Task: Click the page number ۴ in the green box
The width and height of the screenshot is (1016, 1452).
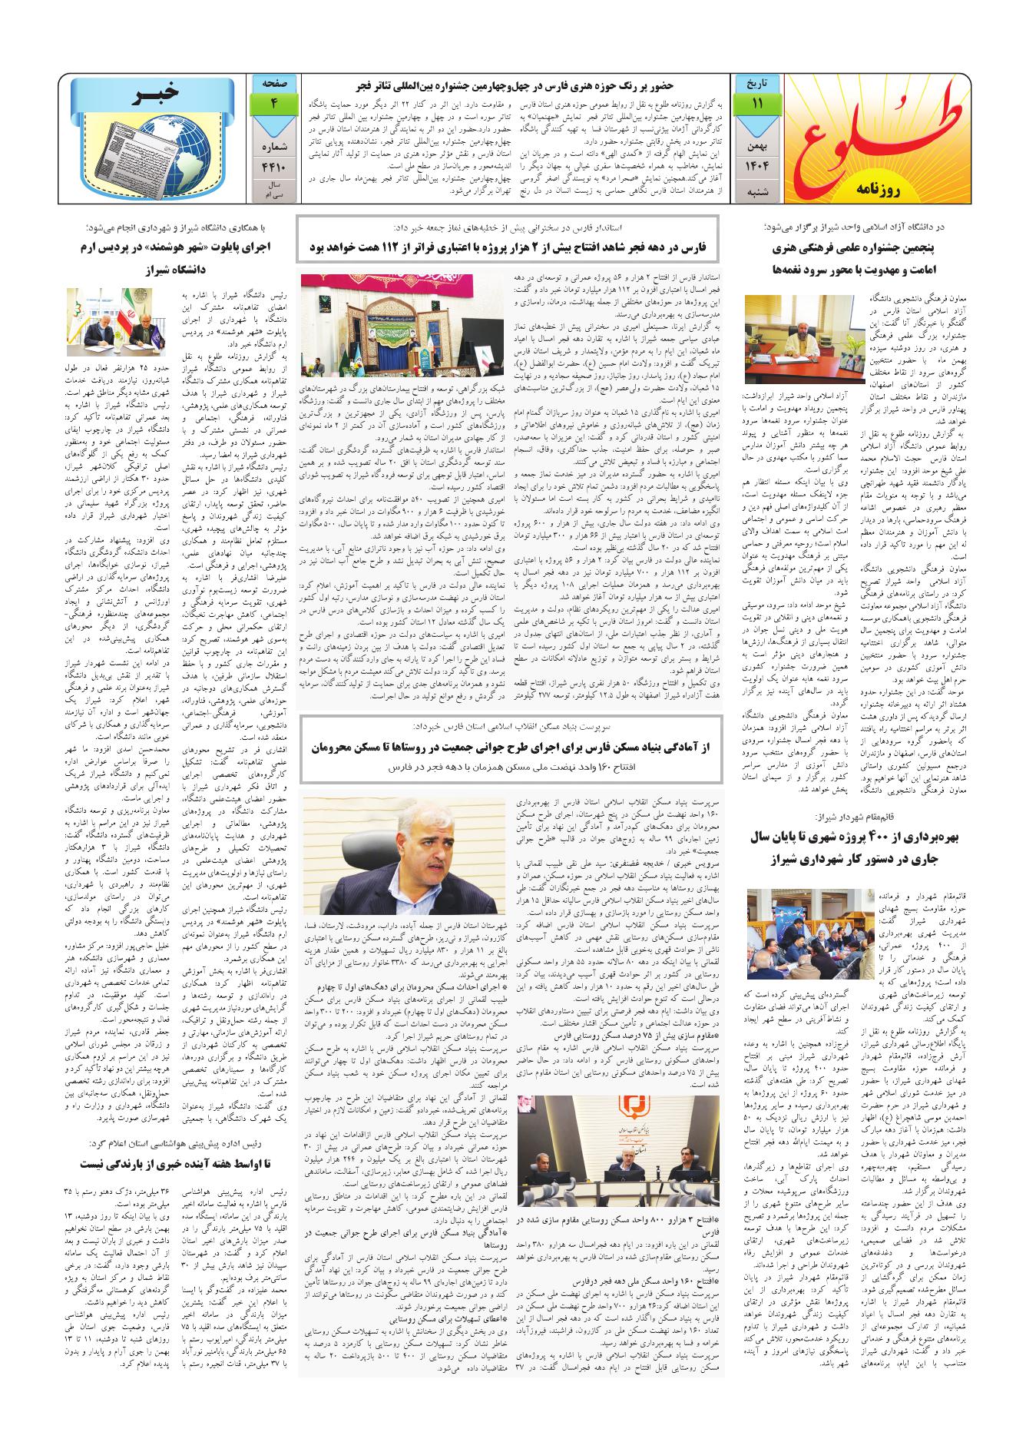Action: tap(273, 104)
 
